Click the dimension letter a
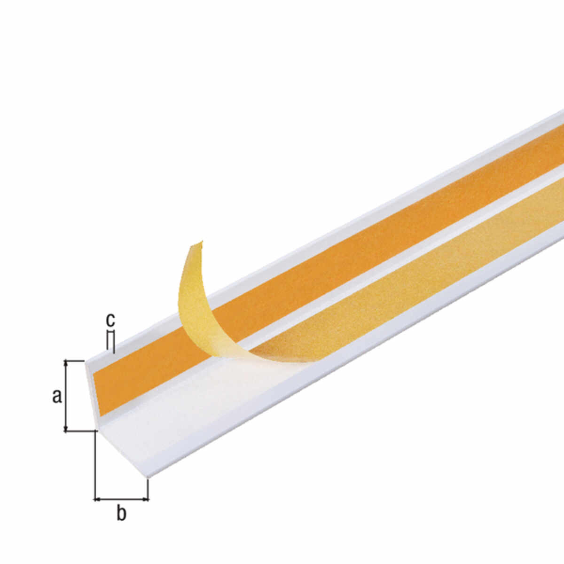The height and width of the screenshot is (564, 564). click(57, 396)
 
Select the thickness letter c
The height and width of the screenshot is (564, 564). click(110, 320)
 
